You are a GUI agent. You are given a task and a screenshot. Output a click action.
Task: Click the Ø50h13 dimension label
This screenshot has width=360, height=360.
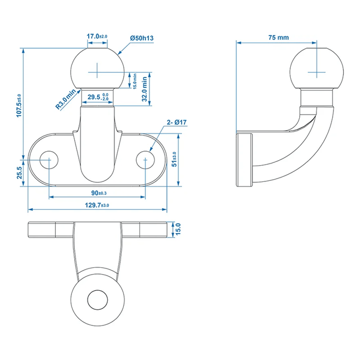click(x=142, y=37)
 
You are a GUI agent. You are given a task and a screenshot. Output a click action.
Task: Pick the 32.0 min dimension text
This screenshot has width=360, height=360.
click(x=145, y=87)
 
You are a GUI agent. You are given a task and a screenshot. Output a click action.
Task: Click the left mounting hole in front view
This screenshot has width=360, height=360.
click(x=50, y=160)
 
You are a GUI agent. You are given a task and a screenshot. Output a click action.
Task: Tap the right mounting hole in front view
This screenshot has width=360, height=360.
click(x=146, y=160)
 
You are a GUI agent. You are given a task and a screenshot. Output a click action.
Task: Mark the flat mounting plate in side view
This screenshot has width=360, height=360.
click(x=244, y=160)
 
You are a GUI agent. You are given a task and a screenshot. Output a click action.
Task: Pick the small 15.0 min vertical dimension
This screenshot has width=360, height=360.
click(x=134, y=79)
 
